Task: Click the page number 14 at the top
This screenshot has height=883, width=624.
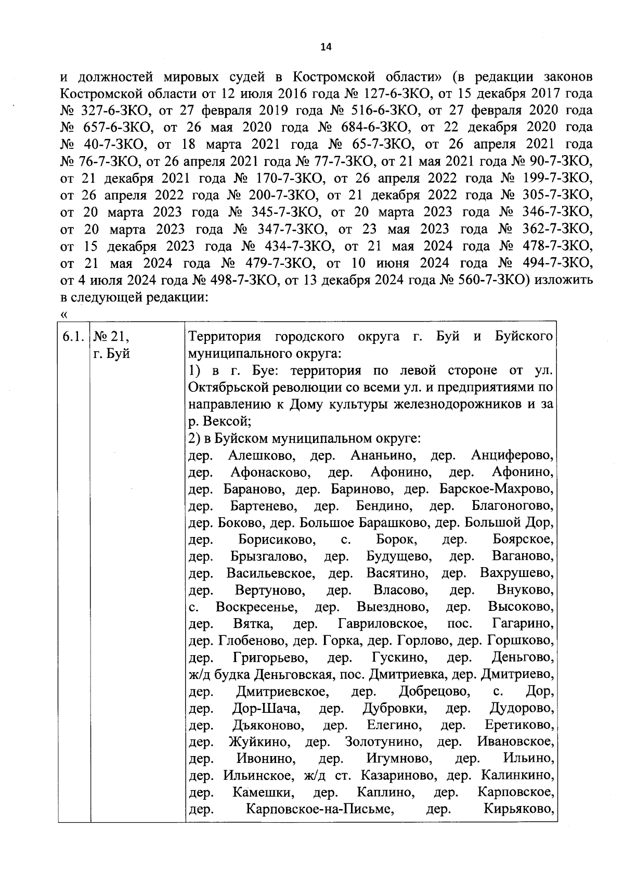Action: click(x=326, y=47)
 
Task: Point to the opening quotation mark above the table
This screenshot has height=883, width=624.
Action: click(x=64, y=315)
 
